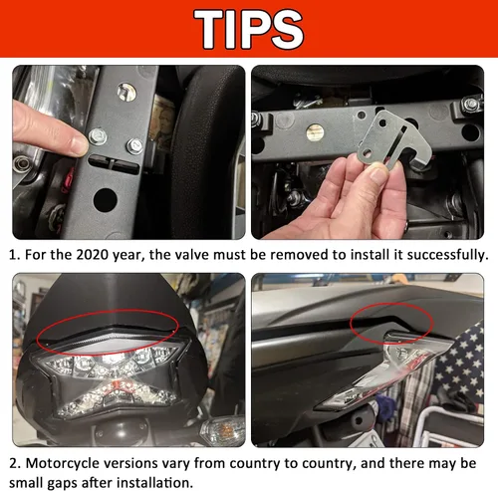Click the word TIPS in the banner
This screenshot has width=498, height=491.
pos(249,29)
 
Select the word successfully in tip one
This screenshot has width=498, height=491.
pos(447,255)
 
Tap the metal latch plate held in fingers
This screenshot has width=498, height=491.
pos(393,141)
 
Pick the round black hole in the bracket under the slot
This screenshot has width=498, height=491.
pos(106,201)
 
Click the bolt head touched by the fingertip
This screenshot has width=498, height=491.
pos(98,136)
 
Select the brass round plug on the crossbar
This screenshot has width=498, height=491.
pos(315,132)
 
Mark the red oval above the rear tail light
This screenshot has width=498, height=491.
pos(36,339)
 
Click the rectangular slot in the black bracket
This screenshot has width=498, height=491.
pos(114,164)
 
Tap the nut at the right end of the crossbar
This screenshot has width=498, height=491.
pos(471,105)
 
